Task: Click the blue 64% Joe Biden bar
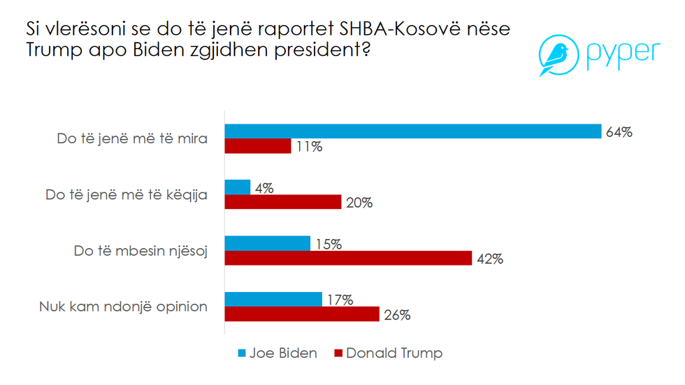pyautogui.click(x=412, y=131)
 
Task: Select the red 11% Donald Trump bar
pyautogui.click(x=257, y=146)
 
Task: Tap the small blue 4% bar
pyautogui.click(x=237, y=187)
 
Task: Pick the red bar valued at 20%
pyautogui.click(x=282, y=202)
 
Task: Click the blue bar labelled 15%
pyautogui.click(x=267, y=243)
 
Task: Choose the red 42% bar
pyautogui.click(x=348, y=258)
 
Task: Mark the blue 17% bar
pyautogui.click(x=273, y=299)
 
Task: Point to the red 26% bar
pyautogui.click(x=301, y=314)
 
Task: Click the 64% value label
pyautogui.click(x=619, y=131)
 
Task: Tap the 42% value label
pyautogui.click(x=489, y=259)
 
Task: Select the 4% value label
pyautogui.click(x=264, y=187)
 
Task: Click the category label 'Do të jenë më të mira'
pyautogui.click(x=132, y=138)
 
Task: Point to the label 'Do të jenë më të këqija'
pyautogui.click(x=127, y=194)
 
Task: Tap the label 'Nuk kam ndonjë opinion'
pyautogui.click(x=123, y=306)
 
